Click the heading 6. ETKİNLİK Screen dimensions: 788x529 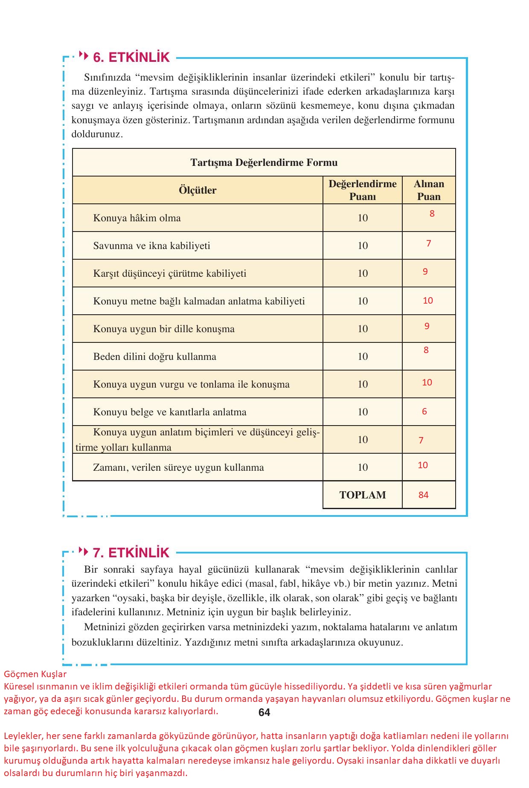pyautogui.click(x=131, y=57)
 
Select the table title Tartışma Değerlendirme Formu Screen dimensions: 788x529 pyautogui.click(x=264, y=162)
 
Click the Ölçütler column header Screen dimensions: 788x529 pyautogui.click(x=197, y=190)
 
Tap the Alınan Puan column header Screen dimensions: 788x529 pyautogui.click(x=429, y=190)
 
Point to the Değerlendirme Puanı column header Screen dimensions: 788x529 pyautogui.click(x=362, y=190)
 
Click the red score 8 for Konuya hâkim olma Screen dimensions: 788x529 pyautogui.click(x=432, y=214)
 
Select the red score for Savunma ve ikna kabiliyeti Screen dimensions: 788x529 pyautogui.click(x=428, y=243)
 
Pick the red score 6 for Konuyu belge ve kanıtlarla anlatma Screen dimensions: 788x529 pyautogui.click(x=424, y=411)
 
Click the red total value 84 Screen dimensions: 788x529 pyautogui.click(x=423, y=495)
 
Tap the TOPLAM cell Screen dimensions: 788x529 pyautogui.click(x=362, y=495)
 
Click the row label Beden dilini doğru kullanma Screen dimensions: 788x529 pyautogui.click(x=154, y=356)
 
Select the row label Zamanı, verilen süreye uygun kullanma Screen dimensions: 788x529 pyautogui.click(x=178, y=467)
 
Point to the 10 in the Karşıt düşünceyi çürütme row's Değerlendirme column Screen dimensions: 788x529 pyautogui.click(x=362, y=273)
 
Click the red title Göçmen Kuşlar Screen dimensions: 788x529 pyautogui.click(x=35, y=674)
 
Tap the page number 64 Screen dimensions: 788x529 pyautogui.click(x=264, y=713)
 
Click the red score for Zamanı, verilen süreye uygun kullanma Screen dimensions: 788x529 pyautogui.click(x=422, y=465)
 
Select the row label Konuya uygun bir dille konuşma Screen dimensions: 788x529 pyautogui.click(x=164, y=329)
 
